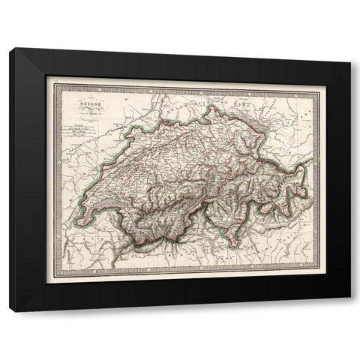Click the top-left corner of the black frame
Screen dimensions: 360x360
click(10, 49)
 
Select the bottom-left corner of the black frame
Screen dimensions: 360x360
click(10, 311)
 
